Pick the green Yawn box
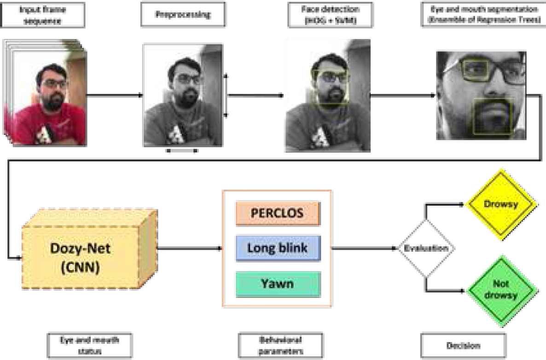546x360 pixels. [x=278, y=284]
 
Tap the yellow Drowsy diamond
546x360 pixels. [x=502, y=204]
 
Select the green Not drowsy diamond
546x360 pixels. [x=502, y=290]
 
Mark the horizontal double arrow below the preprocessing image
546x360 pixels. [x=183, y=151]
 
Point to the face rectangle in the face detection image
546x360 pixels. [x=331, y=87]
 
